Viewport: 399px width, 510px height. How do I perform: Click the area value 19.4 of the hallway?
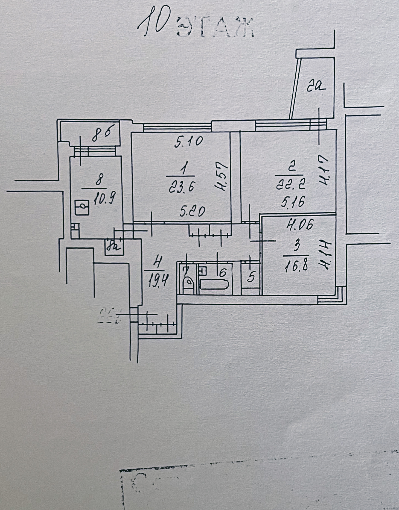pos(158,281)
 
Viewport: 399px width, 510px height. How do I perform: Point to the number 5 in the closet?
pos(251,277)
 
